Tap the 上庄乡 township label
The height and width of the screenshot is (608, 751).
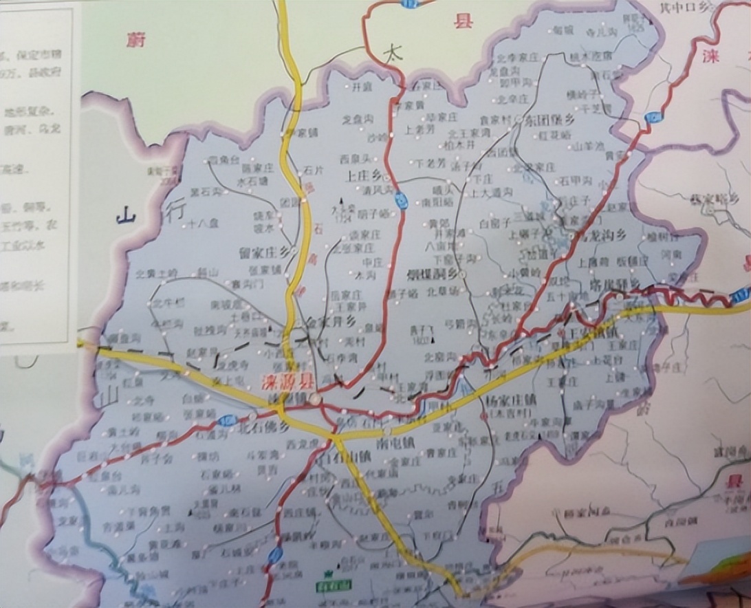coord(364,175)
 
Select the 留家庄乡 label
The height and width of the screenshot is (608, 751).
coord(264,252)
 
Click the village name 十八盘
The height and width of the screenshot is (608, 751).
coord(203,223)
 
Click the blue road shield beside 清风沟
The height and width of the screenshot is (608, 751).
coord(401,200)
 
